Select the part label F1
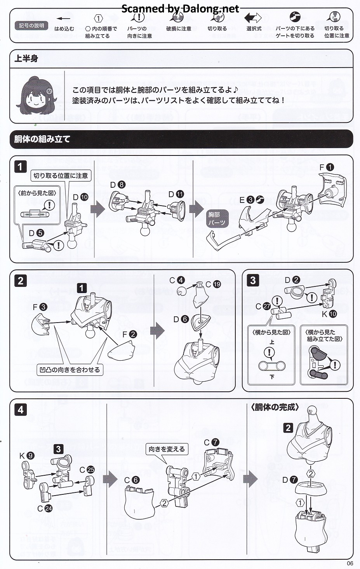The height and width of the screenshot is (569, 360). point(327,167)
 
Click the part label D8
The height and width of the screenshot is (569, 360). point(118,184)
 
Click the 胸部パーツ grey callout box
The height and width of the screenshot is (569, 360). point(217,218)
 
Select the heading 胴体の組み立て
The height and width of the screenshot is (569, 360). point(42,139)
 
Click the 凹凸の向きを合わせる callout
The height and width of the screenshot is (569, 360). point(70,370)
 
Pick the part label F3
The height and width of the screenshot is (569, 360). point(40,307)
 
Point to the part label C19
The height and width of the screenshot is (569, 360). point(213,284)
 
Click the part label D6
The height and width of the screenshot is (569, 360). point(181,319)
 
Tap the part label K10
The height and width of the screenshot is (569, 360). point(329,314)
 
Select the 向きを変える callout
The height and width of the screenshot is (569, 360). point(167,449)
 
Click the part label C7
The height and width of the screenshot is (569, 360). point(212,442)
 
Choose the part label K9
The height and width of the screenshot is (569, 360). point(27,456)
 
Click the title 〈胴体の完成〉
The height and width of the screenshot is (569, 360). point(275,407)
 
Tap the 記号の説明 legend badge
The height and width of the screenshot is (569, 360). point(31,25)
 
